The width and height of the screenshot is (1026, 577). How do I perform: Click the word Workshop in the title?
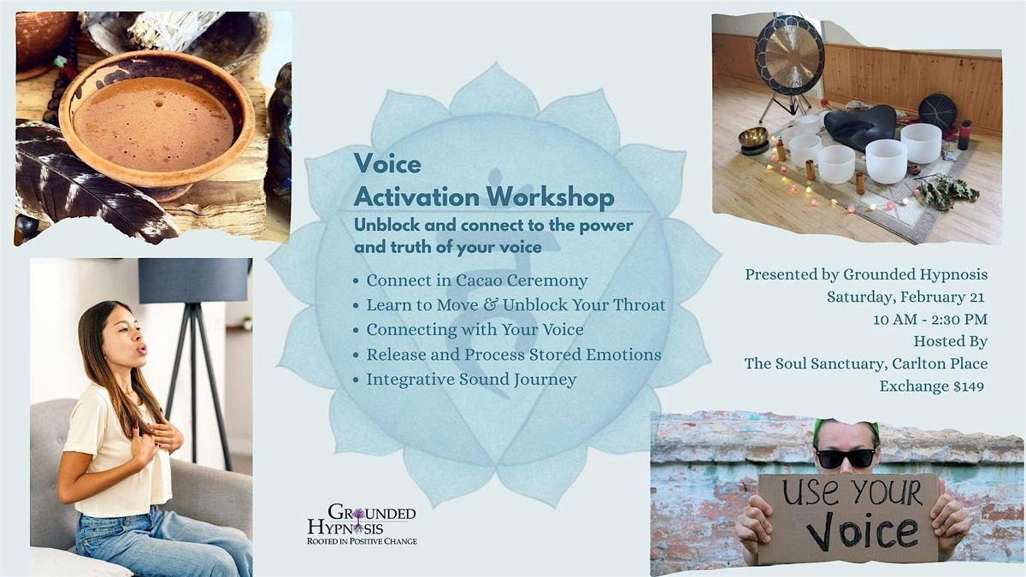(x=550, y=197)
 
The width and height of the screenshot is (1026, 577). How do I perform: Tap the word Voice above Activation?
(x=387, y=163)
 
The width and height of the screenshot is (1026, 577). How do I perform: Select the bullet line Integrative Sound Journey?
(x=471, y=380)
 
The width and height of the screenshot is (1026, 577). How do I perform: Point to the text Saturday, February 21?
(x=905, y=297)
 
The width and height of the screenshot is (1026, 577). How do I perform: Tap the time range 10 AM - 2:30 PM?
(x=930, y=319)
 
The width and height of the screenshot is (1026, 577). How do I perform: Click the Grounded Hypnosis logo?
(x=362, y=525)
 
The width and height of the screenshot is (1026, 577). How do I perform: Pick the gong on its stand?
(x=788, y=60)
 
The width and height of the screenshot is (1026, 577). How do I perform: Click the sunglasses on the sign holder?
(x=845, y=458)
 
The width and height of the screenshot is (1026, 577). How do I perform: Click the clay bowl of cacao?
(x=156, y=121)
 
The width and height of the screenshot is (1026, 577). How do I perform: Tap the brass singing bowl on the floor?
(x=753, y=138)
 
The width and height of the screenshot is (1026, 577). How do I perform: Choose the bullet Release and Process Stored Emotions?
(x=514, y=355)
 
